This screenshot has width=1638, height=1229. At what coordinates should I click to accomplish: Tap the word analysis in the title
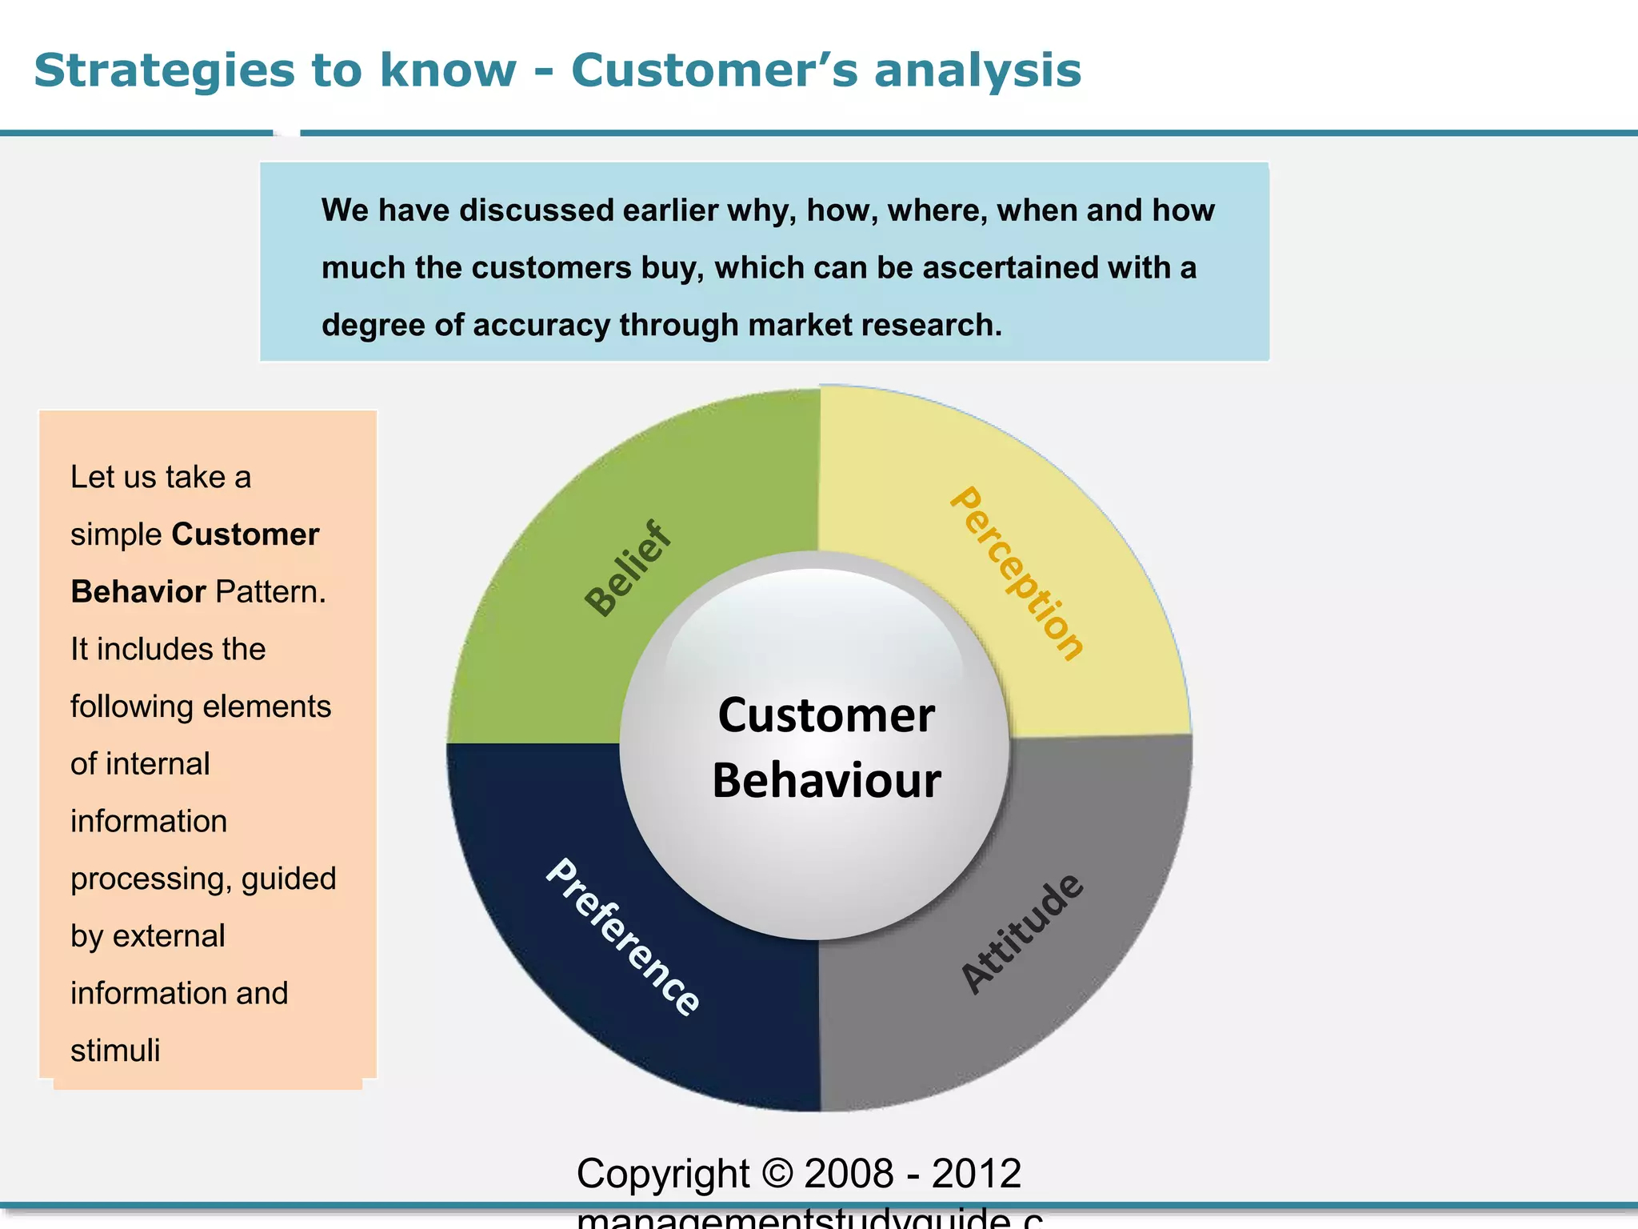977,70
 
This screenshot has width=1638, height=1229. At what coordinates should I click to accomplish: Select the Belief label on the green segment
629,569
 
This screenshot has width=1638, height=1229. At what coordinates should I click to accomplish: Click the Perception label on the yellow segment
1017,574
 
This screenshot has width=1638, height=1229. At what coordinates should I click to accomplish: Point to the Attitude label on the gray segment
1022,934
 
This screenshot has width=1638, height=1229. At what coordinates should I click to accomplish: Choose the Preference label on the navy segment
623,937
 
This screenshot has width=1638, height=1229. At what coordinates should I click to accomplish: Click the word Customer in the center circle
826,715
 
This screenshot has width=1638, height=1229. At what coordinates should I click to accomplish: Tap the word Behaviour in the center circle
826,780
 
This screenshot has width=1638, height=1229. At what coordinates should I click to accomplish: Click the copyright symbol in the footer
777,1174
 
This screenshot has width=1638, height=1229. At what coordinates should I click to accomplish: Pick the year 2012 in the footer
977,1174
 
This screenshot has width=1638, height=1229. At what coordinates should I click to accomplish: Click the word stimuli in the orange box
115,1051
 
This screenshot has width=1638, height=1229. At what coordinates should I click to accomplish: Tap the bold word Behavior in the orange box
138,592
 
